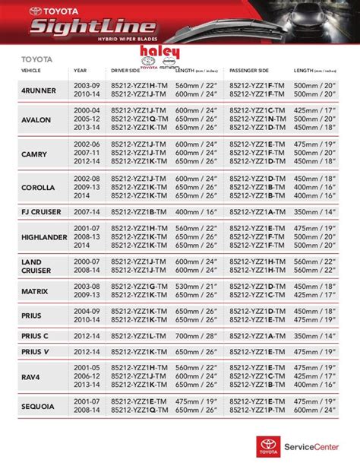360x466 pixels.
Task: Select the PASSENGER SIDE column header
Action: click(248, 70)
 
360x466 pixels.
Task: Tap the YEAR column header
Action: click(81, 70)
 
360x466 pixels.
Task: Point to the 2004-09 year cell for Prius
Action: click(86, 310)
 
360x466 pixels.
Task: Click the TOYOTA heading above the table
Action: click(33, 57)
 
